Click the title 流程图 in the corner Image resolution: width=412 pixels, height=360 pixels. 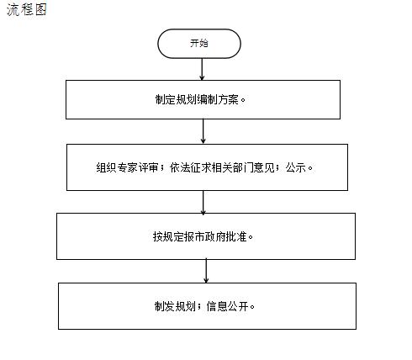coord(27,9)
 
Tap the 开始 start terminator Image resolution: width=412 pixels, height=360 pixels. coord(199,44)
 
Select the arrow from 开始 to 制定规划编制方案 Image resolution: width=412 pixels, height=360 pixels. coord(202,69)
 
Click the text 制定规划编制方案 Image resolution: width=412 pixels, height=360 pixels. coord(197,99)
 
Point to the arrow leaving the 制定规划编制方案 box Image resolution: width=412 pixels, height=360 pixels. coord(203,131)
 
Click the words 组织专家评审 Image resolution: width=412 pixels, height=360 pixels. coord(127,167)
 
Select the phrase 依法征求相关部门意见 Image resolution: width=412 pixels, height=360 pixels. coord(222,167)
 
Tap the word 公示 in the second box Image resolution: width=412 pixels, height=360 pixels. coord(296,167)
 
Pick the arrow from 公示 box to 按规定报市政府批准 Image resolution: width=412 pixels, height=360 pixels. coord(203,203)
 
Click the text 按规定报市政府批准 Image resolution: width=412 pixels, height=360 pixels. coord(200,236)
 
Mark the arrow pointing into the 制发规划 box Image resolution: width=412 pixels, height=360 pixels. coord(206,271)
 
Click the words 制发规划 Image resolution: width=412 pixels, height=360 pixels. coord(175,306)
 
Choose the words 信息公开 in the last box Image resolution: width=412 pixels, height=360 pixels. coord(227,306)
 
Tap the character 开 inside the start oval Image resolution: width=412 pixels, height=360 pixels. coord(194,43)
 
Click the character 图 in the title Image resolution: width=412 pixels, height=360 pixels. coord(40,9)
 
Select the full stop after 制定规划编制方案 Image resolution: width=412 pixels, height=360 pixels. coord(243,100)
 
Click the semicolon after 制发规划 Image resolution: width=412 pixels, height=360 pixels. coord(199,306)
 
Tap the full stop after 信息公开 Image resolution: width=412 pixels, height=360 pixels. coord(252,307)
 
